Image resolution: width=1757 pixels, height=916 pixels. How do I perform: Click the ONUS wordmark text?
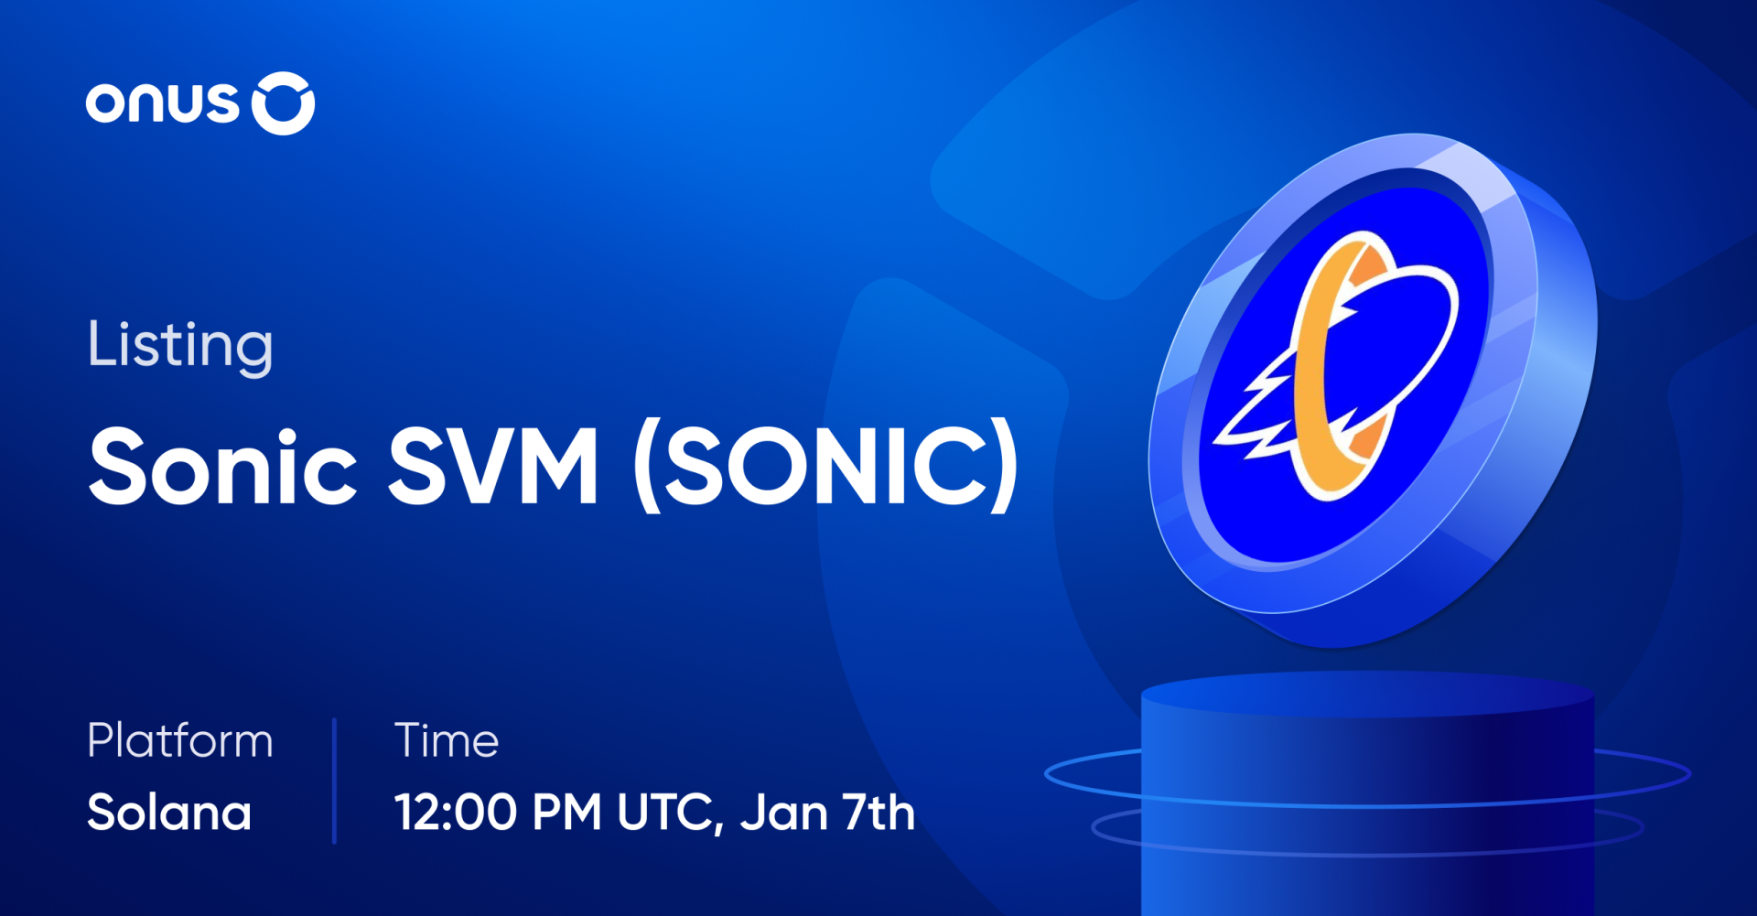click(162, 103)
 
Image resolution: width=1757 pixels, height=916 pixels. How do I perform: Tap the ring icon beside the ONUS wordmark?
click(283, 103)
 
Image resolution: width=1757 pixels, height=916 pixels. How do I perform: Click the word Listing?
click(180, 346)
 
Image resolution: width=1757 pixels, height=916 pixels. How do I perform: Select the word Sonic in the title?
click(222, 467)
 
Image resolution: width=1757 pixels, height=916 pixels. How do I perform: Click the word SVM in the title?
click(494, 467)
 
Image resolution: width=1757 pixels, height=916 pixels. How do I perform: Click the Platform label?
click(180, 741)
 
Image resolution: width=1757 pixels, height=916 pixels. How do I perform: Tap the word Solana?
click(169, 813)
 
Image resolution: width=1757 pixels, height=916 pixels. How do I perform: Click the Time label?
click(447, 740)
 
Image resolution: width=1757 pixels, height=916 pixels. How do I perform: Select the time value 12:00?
click(455, 813)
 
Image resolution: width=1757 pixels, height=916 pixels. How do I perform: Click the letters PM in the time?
click(566, 813)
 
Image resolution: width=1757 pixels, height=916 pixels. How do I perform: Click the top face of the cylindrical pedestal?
click(1368, 693)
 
